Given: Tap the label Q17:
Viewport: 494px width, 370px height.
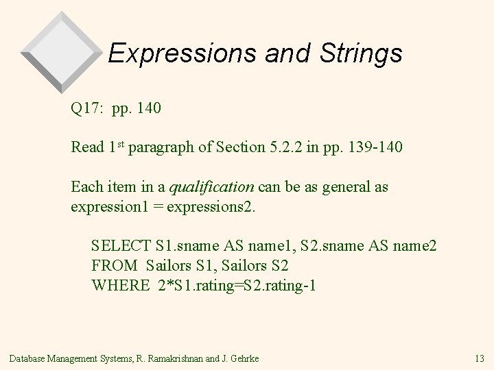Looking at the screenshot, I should (x=87, y=108).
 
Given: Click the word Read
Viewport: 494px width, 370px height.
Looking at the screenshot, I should (x=87, y=147).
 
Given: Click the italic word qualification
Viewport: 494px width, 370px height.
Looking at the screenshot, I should (x=212, y=187).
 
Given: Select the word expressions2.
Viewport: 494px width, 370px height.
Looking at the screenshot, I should (x=217, y=206).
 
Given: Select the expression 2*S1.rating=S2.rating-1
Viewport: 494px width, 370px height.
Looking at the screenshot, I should (x=236, y=285).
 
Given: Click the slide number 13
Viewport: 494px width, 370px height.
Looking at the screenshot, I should (x=479, y=357).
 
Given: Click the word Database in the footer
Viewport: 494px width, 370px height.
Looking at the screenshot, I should (x=26, y=357).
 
